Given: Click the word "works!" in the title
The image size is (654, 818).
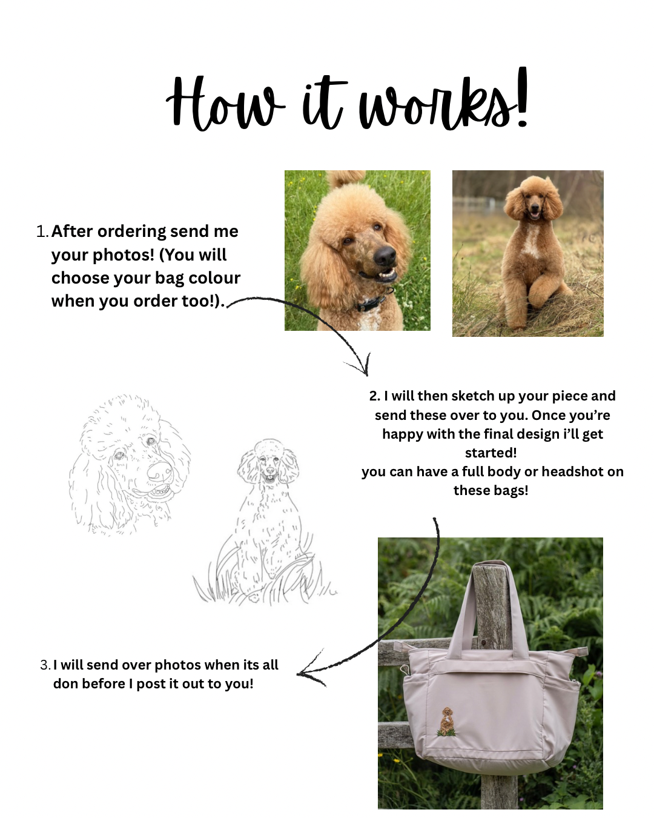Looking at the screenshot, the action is (x=443, y=99).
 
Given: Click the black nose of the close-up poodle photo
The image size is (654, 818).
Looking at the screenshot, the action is (x=384, y=256).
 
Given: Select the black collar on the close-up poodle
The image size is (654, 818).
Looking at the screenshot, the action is (x=372, y=301).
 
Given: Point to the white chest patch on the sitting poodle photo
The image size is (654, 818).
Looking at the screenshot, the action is (x=531, y=241).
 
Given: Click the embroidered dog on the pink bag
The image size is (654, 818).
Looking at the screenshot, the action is (x=446, y=722).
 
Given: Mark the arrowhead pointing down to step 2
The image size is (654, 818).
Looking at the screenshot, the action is (x=360, y=365).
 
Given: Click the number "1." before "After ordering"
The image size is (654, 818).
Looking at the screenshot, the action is (x=42, y=231).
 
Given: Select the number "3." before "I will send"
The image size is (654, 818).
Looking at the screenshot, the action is (x=45, y=665).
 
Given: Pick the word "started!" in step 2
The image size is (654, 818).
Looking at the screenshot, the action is (x=490, y=453).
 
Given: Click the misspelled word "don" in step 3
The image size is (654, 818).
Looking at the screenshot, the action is (x=65, y=684).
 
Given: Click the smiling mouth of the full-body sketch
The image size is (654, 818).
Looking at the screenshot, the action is (x=270, y=478).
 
